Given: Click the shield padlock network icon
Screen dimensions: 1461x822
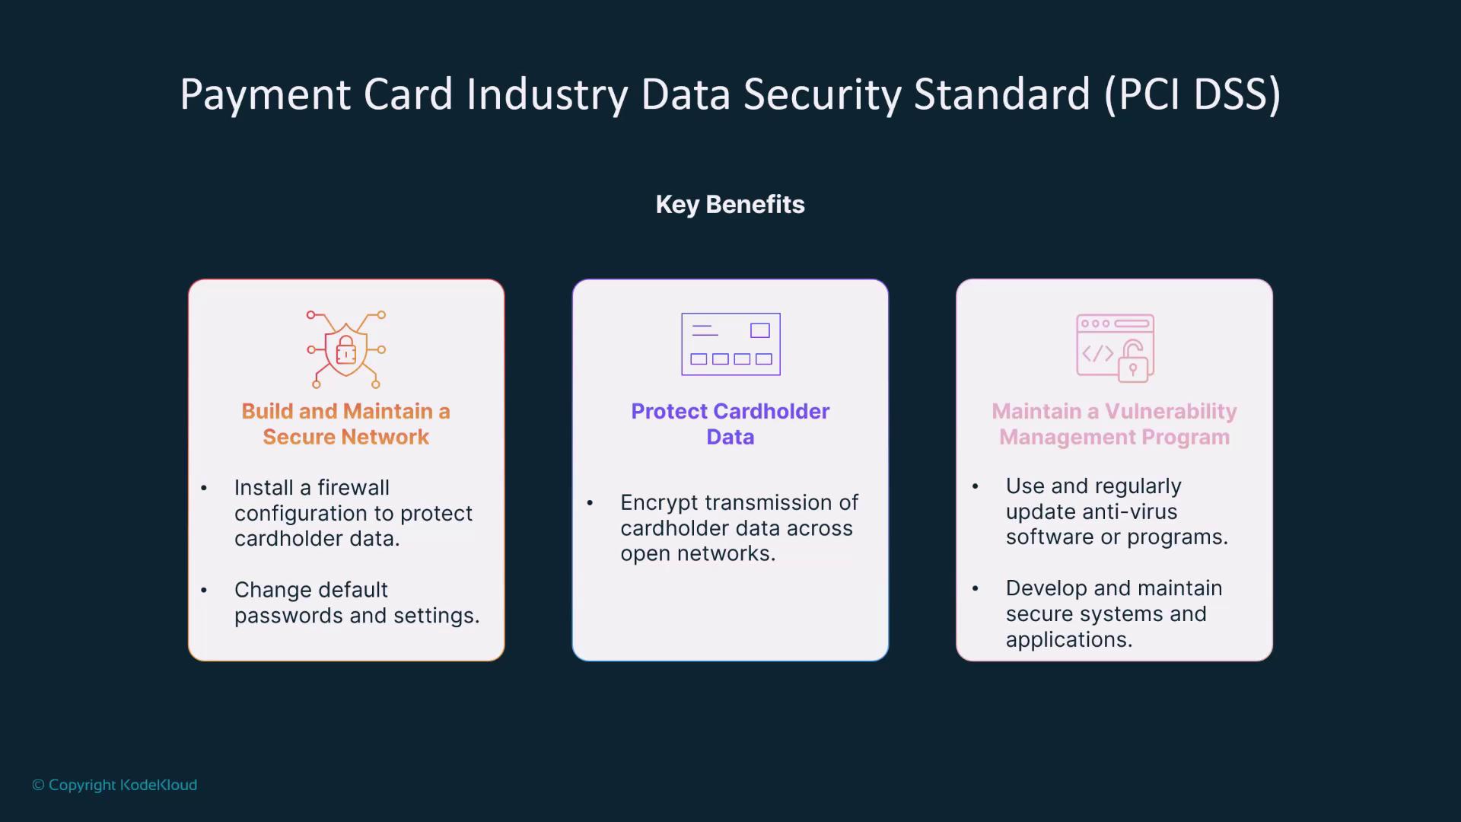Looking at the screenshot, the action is [x=346, y=349].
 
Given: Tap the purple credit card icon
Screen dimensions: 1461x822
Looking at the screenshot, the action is [x=730, y=344].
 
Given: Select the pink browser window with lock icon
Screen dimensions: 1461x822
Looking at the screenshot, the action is [x=1115, y=348].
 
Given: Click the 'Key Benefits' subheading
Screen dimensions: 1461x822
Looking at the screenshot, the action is [x=730, y=204].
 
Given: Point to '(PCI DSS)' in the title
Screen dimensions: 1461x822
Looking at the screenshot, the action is [x=1192, y=94].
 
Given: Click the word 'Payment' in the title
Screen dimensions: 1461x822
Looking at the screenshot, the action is [x=266, y=94].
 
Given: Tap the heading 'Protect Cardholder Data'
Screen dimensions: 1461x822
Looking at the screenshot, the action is [x=730, y=424].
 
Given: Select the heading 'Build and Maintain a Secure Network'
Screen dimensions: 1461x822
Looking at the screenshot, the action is [x=346, y=424].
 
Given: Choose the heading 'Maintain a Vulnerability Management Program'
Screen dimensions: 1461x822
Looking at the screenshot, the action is [x=1114, y=424].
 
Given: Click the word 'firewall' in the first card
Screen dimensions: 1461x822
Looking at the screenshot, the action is [x=353, y=487].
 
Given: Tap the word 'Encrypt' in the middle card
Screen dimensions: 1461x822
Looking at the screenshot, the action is [x=659, y=503].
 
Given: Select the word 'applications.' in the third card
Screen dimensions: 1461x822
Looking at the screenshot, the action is [x=1069, y=640].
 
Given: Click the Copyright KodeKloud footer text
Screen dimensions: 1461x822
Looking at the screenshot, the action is [x=114, y=785].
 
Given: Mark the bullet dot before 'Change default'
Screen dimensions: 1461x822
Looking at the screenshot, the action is [x=204, y=590].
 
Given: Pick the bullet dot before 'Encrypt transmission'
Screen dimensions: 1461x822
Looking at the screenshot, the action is [x=590, y=502].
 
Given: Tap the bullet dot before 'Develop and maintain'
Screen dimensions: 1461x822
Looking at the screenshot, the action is [x=976, y=588].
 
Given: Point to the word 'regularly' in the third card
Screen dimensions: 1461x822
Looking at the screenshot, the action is [x=1116, y=487].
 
